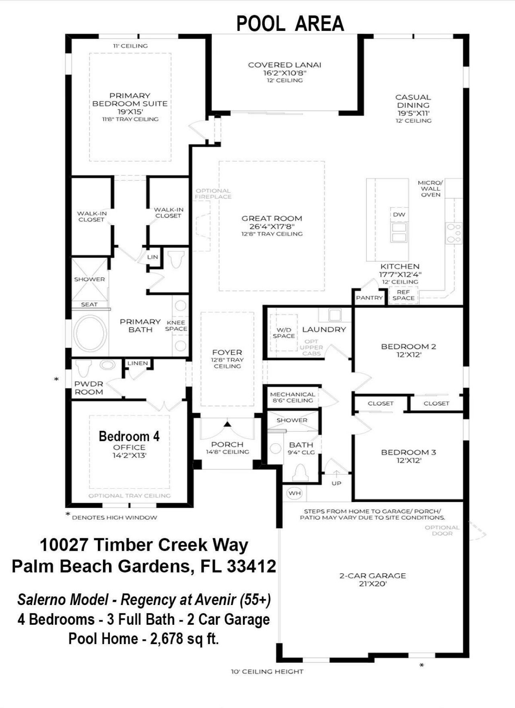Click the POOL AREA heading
pos(290,24)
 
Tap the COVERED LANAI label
pos(284,65)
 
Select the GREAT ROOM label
pos(272,218)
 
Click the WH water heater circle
pos(295,493)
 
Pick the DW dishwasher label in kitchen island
pos(399,214)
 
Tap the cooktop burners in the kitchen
pos(453,233)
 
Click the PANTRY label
pos(369,298)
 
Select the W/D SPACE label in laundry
pos(284,333)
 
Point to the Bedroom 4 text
pos(129,436)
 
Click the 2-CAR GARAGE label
pos(373,576)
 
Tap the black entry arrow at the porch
pos(228,424)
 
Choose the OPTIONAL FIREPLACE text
pos(213,193)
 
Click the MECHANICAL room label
pos(293,395)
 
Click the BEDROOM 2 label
pos(408,346)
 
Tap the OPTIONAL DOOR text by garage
pos(442,530)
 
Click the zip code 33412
pos(251,566)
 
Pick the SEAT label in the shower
pos(89,305)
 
